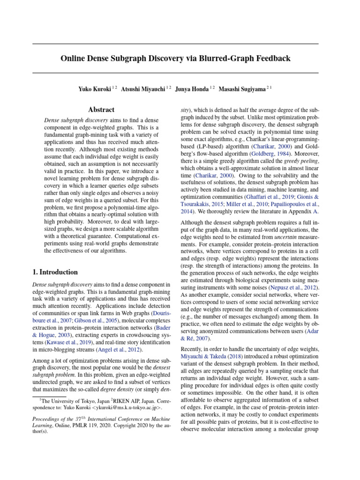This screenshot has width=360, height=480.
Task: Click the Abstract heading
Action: (x=101, y=110)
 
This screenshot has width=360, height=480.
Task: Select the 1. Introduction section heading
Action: (x=55, y=272)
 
